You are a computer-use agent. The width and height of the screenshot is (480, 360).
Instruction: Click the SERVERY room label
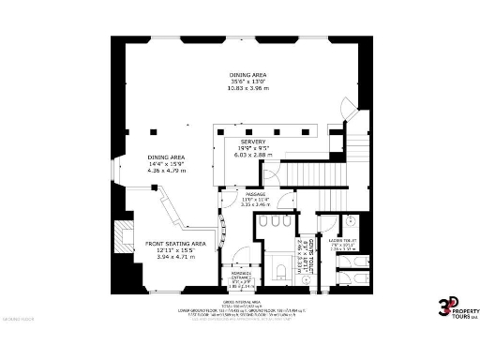(x=252, y=141)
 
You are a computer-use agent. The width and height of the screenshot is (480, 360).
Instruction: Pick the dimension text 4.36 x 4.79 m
(x=165, y=171)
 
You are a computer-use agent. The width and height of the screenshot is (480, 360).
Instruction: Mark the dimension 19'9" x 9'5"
(x=252, y=148)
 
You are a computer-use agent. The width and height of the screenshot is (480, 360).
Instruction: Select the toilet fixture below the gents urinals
(x=281, y=271)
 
